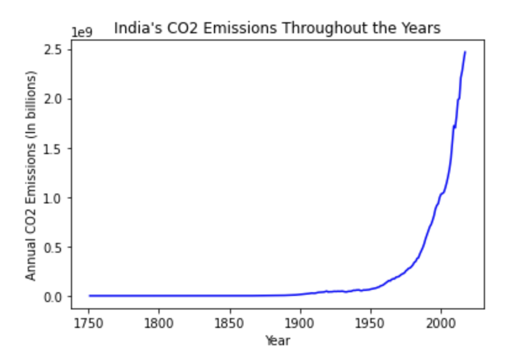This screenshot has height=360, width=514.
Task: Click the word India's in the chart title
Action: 131,28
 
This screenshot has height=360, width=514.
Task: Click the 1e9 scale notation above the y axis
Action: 82,32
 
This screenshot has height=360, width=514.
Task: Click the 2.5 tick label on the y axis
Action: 55,49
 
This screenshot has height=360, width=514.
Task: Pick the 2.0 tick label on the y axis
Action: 55,99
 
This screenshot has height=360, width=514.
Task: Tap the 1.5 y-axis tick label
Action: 55,149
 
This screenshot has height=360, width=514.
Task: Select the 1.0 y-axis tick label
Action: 55,198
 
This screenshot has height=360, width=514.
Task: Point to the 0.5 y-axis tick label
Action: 55,247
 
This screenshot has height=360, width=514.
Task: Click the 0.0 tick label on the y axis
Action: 55,297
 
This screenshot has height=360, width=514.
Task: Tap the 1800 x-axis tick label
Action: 159,323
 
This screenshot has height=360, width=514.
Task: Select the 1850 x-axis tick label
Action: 230,323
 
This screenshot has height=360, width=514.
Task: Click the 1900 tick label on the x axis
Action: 300,323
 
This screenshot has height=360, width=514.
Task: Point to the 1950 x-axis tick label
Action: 370,323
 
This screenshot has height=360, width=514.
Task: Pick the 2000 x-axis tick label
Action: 441,323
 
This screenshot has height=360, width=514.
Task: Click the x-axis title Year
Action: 277,340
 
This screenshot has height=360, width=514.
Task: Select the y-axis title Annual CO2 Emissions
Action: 31,176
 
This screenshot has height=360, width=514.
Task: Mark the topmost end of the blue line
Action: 465,52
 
